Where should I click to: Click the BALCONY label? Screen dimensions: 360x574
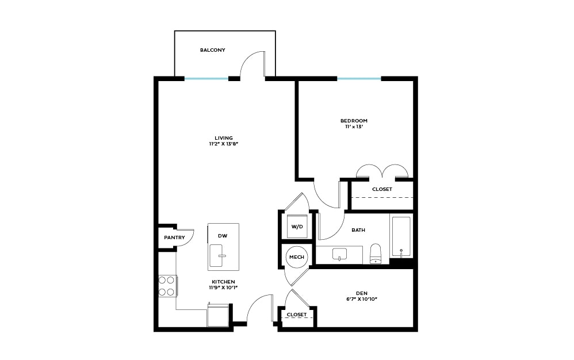point(212,50)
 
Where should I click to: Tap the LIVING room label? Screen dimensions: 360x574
point(224,138)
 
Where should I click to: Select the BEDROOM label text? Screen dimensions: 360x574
point(354,121)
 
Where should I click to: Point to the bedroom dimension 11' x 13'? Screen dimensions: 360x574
point(354,127)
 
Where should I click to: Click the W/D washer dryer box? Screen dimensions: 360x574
point(297,227)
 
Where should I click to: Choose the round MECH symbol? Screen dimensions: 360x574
point(297,257)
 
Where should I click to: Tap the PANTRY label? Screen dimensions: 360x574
point(174,238)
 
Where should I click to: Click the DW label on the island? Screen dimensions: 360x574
point(223,236)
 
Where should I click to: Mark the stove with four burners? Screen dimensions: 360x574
point(167,286)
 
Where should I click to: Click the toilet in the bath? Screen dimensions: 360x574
point(376,254)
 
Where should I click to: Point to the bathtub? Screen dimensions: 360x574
point(401,236)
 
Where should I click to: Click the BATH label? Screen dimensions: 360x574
point(358,230)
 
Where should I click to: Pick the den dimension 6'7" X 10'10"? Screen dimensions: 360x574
point(362,299)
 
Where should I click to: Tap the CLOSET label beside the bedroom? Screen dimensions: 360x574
point(382,189)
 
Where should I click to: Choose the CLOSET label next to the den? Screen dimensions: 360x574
point(296,315)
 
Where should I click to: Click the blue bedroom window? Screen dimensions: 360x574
point(359,79)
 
